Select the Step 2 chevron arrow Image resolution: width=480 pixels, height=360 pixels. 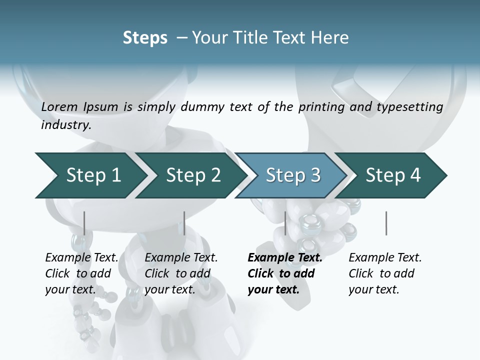(x=192, y=175)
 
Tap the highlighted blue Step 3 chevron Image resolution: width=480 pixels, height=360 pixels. (x=292, y=175)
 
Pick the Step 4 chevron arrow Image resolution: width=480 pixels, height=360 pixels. (x=392, y=175)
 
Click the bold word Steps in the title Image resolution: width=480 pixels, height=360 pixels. (x=145, y=38)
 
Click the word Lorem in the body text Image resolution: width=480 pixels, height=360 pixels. (x=59, y=106)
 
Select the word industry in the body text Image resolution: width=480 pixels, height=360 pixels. (x=65, y=124)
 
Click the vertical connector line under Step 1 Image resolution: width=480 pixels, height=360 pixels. (x=84, y=223)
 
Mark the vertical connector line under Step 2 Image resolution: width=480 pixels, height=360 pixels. (x=184, y=223)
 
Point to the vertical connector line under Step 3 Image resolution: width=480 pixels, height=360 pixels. (x=285, y=223)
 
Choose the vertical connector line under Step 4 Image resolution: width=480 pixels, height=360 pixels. (x=386, y=223)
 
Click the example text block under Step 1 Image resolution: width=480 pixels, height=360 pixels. (x=81, y=273)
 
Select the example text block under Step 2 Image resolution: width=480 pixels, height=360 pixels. (x=181, y=273)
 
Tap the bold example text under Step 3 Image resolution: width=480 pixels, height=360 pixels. (x=284, y=273)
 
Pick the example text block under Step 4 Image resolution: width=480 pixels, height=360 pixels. (x=385, y=273)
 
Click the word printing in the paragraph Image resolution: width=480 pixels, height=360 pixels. (x=321, y=107)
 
